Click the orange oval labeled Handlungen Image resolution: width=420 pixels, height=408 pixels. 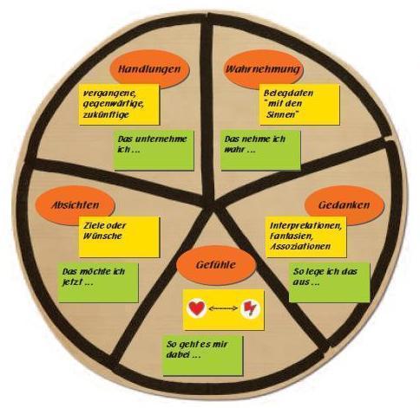[149, 68]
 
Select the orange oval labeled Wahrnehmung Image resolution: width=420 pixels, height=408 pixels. [263, 68]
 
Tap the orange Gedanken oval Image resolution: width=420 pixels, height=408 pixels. [345, 204]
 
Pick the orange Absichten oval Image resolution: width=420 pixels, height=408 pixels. [75, 204]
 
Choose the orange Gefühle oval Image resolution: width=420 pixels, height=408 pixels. [216, 264]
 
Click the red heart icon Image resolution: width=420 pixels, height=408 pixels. [197, 308]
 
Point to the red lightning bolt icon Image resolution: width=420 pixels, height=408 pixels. [249, 308]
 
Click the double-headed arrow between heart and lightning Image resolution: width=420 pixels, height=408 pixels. [223, 308]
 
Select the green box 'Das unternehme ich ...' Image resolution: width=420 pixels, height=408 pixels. [154, 151]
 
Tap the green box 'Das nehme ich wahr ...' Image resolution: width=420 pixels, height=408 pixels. [260, 150]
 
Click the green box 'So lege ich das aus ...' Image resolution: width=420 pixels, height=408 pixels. [330, 282]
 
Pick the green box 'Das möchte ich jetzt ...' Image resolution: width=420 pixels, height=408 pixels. [98, 282]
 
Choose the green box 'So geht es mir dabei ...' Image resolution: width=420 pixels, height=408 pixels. [203, 355]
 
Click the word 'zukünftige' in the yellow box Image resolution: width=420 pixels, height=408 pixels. [106, 114]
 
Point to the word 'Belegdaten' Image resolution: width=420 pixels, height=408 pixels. [288, 93]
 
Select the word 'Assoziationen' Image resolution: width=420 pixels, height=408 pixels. [300, 246]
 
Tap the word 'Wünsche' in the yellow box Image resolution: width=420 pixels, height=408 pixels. [102, 236]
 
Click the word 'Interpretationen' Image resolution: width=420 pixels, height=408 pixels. [305, 225]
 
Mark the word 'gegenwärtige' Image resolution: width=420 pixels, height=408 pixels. [113, 104]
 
